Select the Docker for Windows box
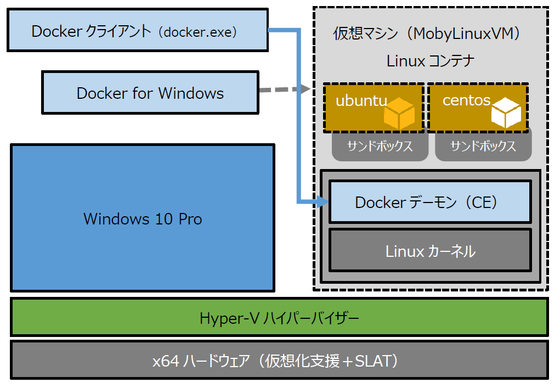[150, 93]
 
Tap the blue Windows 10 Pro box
[142, 218]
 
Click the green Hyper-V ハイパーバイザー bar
[279, 317]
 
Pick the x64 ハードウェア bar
[279, 360]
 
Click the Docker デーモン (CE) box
[429, 203]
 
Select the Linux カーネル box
[429, 251]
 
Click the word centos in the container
[466, 100]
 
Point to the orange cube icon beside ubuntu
[399, 113]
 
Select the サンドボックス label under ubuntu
[380, 147]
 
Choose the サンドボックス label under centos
[483, 147]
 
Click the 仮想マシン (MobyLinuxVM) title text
[427, 34]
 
